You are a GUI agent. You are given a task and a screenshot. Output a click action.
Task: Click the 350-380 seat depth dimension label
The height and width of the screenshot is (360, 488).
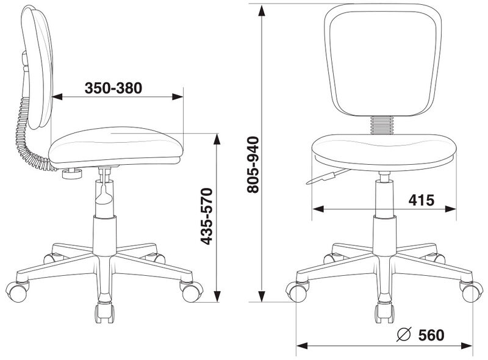[113, 88]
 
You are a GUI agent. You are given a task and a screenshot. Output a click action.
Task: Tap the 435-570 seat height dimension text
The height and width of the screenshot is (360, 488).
[207, 216]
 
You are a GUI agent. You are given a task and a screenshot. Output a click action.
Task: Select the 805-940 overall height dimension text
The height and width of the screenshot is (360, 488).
[253, 165]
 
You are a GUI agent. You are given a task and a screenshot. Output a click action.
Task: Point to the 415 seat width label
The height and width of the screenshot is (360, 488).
[422, 200]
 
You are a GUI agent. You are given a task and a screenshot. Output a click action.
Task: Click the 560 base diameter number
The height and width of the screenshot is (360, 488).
[431, 336]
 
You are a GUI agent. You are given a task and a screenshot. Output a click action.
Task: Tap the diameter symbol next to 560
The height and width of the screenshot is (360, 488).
[404, 335]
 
